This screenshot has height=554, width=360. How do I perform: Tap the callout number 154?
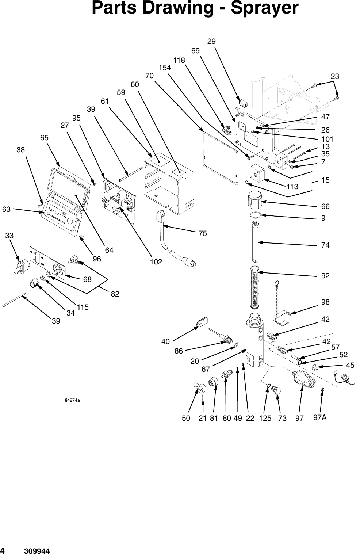(x=165, y=68)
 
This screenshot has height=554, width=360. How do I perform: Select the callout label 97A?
(x=320, y=418)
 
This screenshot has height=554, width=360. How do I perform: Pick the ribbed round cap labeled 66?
(x=254, y=199)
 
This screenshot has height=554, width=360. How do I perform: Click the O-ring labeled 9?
(x=256, y=215)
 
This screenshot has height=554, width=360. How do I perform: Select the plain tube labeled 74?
(x=256, y=241)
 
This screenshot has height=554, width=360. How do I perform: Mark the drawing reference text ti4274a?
(x=72, y=400)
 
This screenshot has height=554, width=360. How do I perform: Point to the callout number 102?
(x=156, y=262)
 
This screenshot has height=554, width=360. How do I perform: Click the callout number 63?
(x=6, y=209)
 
